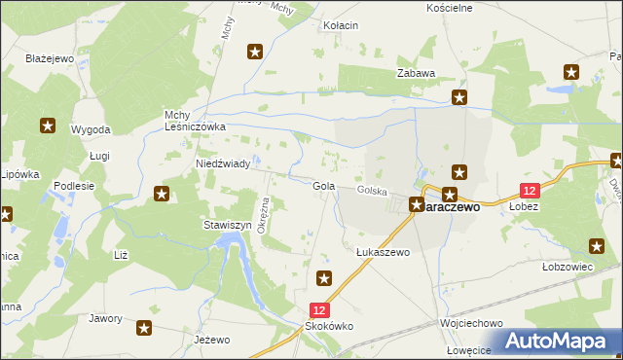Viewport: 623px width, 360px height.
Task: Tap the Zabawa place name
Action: coord(415,73)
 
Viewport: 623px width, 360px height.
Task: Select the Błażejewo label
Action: coord(51,58)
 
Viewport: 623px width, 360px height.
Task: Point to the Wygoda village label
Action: coord(91,129)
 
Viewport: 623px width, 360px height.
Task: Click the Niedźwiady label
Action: coord(223,164)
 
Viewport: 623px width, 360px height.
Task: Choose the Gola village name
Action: coord(324,186)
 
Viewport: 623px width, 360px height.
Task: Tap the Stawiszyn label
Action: coord(227,225)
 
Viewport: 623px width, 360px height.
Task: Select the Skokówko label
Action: coord(330,327)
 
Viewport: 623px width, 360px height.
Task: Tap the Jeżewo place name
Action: coord(211,340)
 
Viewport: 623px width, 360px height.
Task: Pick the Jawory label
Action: coord(105,318)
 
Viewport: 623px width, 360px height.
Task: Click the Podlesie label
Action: coord(74,186)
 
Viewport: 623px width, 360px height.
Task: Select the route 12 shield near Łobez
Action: coord(530,192)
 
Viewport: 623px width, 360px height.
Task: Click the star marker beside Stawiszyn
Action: coord(162,196)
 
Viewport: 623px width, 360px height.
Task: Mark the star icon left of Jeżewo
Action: coord(145,329)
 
